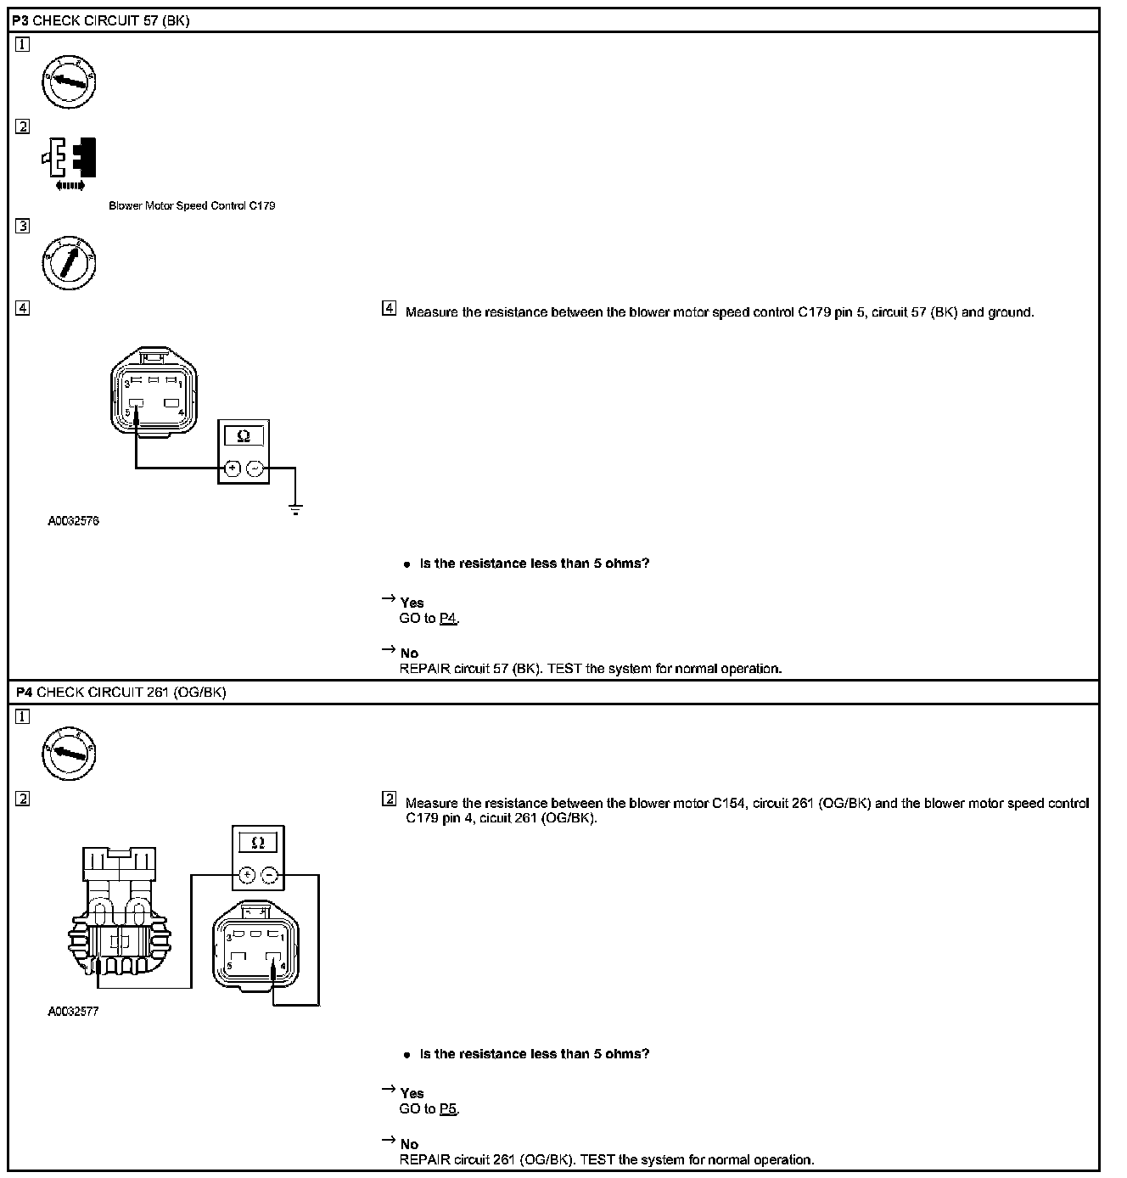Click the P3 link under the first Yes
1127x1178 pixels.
tap(448, 619)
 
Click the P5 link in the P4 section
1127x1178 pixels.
tap(448, 1109)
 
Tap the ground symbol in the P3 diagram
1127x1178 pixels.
tap(295, 509)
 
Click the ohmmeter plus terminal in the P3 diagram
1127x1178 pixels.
tap(232, 468)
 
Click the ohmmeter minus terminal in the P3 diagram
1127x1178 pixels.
tap(255, 468)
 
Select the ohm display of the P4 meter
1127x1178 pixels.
tap(258, 843)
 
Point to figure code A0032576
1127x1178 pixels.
tap(73, 521)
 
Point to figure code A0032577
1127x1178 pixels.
tap(73, 1012)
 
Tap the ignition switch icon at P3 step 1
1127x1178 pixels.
tap(69, 81)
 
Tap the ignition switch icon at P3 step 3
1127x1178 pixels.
tap(69, 262)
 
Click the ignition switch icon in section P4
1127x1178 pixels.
tap(69, 753)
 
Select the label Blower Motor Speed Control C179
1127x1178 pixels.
tap(192, 206)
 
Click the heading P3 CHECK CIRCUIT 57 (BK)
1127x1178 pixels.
tap(100, 20)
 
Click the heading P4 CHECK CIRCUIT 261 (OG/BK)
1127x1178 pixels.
tap(121, 693)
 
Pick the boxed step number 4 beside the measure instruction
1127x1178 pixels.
tap(389, 309)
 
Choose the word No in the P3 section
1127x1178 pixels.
tap(409, 654)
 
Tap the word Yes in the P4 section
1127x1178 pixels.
tap(412, 1093)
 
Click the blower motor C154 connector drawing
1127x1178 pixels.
tap(120, 912)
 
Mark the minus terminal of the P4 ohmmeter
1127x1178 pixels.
tap(270, 874)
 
